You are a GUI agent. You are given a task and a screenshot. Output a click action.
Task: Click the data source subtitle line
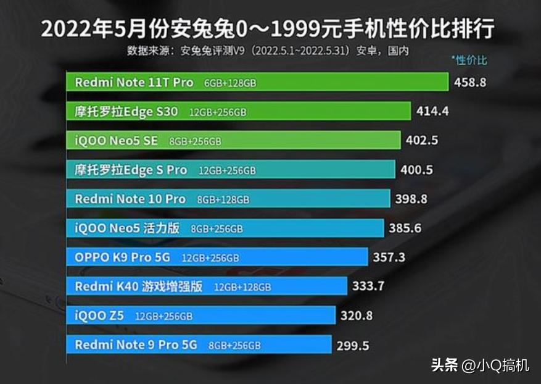[x=268, y=51]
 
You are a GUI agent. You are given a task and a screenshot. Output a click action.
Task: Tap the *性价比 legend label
[x=469, y=61]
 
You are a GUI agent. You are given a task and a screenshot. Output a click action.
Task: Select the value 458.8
[x=470, y=81]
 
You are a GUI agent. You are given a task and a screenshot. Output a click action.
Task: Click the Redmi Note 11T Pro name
[x=134, y=82]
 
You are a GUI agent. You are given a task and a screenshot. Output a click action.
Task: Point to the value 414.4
[x=432, y=111]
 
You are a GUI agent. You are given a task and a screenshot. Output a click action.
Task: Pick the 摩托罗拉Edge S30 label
[x=126, y=112]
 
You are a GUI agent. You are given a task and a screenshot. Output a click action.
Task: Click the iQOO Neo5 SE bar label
[x=116, y=141]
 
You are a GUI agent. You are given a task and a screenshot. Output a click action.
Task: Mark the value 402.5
[x=422, y=140]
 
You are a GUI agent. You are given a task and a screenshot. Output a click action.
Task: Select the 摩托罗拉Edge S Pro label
[x=131, y=170]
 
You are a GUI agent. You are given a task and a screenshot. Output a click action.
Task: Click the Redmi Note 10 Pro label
[x=130, y=199]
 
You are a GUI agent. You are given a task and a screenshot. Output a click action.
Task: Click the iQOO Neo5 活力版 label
[x=127, y=228]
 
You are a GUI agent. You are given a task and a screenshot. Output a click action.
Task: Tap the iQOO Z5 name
[x=99, y=315]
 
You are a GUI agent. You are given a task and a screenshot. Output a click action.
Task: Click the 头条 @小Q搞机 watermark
[x=480, y=365]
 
